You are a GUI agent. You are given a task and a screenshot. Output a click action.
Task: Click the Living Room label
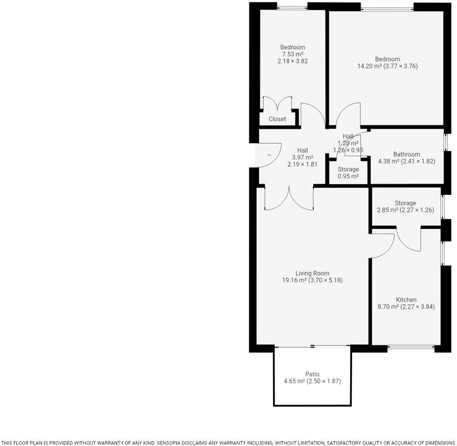click(312, 273)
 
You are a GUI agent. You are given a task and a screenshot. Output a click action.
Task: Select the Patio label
click(312, 374)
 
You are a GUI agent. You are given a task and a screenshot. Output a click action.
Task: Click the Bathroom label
click(406, 154)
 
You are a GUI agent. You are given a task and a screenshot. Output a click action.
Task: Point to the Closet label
click(277, 119)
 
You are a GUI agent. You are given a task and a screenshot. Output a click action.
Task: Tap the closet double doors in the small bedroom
click(277, 104)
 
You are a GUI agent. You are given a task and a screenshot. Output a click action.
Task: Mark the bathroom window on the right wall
click(445, 142)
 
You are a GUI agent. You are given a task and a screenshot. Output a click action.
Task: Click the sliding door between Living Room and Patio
click(312, 346)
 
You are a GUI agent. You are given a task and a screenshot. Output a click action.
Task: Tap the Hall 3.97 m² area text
click(302, 157)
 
